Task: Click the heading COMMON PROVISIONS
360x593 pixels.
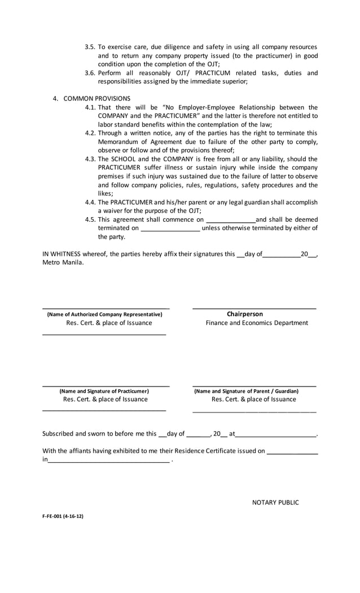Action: [x=96, y=98]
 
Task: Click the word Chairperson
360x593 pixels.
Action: [x=245, y=314]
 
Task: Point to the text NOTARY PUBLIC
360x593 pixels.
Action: [x=275, y=503]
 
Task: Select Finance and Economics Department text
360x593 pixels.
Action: [x=257, y=323]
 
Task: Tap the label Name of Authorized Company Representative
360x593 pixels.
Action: [x=105, y=314]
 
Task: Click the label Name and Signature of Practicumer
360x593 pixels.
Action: [x=104, y=391]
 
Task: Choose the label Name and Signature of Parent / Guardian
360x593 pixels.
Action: [x=247, y=391]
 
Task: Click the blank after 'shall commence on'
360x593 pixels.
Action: [x=231, y=220]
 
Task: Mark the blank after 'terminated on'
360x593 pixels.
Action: [x=170, y=229]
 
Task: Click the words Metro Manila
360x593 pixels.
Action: [x=63, y=262]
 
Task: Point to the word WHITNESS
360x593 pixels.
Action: [x=65, y=254]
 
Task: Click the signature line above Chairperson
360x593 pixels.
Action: [x=254, y=308]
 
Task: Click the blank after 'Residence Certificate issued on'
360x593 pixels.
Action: [x=292, y=451]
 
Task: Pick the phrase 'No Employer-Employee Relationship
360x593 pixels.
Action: [x=222, y=107]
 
